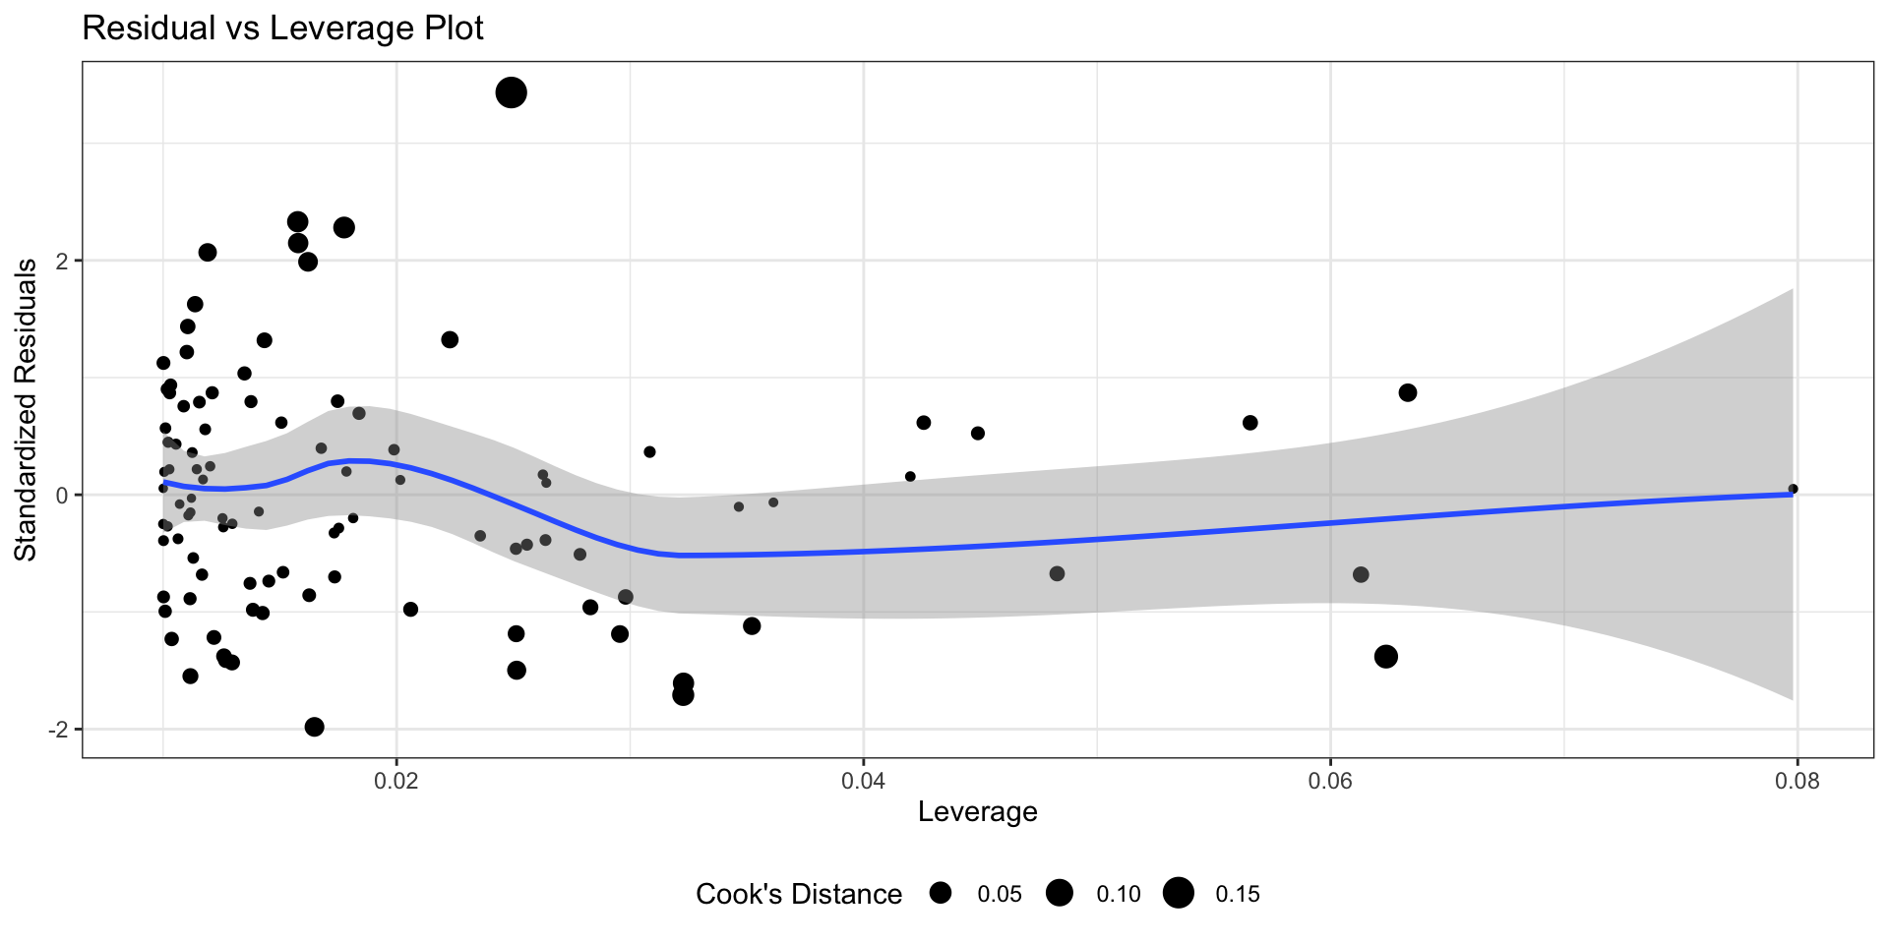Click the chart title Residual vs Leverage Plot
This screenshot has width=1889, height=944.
pyautogui.click(x=282, y=28)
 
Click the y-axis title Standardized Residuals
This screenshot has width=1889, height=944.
pyautogui.click(x=26, y=409)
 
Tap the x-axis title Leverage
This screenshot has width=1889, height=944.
pyautogui.click(x=977, y=811)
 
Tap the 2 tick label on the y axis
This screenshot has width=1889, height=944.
pyautogui.click(x=62, y=261)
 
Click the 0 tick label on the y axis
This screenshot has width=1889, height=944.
pyautogui.click(x=62, y=495)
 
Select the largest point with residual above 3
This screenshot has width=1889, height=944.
pyautogui.click(x=511, y=93)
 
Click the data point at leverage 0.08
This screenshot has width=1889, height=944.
pyautogui.click(x=1793, y=489)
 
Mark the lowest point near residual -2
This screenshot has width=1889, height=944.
pyautogui.click(x=315, y=727)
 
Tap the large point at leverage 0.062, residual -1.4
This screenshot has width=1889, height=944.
pyautogui.click(x=1385, y=656)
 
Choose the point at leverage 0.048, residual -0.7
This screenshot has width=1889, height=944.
pyautogui.click(x=1057, y=573)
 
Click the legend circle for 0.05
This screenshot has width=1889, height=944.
pyautogui.click(x=941, y=893)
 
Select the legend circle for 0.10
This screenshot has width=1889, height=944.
pyautogui.click(x=1060, y=893)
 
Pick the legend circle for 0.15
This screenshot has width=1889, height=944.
pyautogui.click(x=1178, y=893)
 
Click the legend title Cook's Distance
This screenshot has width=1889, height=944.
pyautogui.click(x=798, y=894)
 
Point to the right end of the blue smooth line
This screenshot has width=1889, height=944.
pyautogui.click(x=1793, y=494)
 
